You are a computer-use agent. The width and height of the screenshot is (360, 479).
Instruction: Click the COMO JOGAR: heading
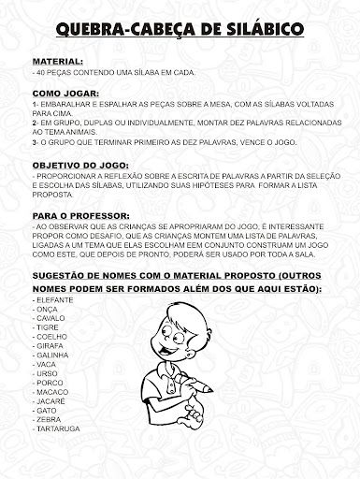coord(65,94)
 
